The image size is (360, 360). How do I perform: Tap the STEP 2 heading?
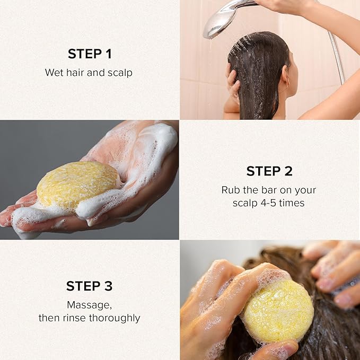[x=269, y=171]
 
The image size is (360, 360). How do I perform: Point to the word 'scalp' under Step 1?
[x=120, y=73]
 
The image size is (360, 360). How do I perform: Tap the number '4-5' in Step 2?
[x=271, y=203]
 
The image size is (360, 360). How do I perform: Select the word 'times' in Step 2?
[x=294, y=203]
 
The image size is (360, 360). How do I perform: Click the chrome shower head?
[x=220, y=20]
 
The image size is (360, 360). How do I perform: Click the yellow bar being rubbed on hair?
[x=277, y=310]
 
